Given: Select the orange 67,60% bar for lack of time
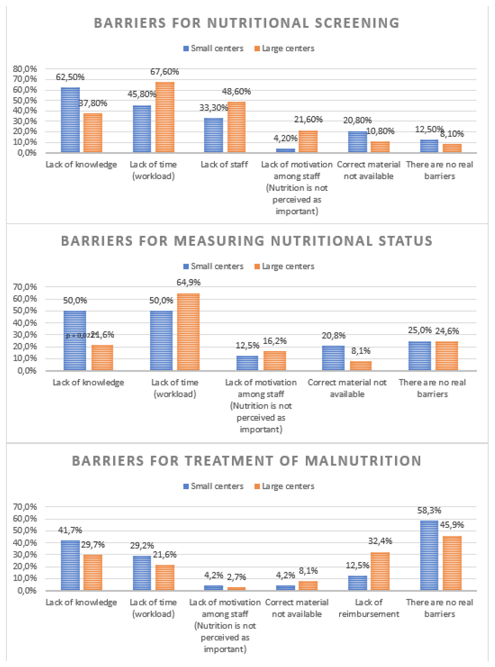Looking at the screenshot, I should click(165, 117).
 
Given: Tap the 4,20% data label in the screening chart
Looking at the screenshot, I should click(285, 138).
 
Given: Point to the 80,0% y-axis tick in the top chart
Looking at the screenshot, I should click(25, 69).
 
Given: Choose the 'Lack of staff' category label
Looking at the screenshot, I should click(224, 165).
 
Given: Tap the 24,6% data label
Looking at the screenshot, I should click(447, 331).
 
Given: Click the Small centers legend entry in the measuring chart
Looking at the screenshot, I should click(214, 266).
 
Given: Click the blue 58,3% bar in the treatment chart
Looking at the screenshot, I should click(429, 555).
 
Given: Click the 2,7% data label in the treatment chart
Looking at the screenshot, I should click(236, 577).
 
